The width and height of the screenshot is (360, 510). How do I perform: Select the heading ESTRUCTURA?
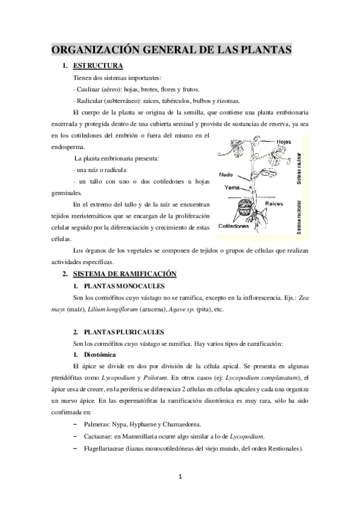97,66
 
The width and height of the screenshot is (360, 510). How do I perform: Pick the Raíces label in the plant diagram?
275,204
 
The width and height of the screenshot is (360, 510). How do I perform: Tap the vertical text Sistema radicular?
300,214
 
